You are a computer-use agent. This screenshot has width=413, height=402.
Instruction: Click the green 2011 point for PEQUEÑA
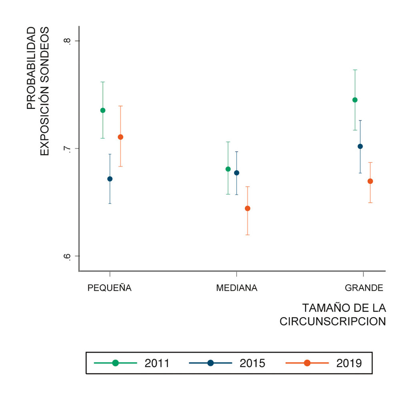(103, 111)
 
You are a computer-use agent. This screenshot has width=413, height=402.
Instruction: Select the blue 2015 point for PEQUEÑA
(110, 179)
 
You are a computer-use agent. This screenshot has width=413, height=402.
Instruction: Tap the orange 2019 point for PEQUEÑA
(120, 137)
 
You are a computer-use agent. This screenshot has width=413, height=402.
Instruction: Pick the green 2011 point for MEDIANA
(228, 169)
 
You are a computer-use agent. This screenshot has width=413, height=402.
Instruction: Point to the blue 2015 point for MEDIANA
(237, 173)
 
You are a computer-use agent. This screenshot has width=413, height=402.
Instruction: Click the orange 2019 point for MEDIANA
(247, 209)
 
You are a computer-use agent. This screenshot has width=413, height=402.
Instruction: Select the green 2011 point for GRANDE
(355, 100)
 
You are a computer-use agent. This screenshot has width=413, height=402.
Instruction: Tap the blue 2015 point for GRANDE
(360, 147)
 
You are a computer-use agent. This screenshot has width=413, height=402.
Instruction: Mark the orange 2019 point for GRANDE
(370, 181)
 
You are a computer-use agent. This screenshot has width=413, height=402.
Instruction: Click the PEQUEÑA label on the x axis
(110, 288)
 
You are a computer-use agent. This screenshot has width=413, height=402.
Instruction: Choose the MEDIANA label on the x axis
(237, 288)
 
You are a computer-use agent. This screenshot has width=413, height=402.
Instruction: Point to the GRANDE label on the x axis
(364, 288)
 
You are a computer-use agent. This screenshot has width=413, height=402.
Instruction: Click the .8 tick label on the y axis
(67, 41)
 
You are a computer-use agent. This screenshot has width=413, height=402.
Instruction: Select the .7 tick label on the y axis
(67, 149)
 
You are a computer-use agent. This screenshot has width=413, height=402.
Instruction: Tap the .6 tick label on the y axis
(67, 256)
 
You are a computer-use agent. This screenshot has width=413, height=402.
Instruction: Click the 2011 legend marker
(116, 363)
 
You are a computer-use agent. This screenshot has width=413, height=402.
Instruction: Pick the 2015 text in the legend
(252, 363)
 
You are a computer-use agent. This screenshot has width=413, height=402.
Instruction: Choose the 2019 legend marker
(307, 363)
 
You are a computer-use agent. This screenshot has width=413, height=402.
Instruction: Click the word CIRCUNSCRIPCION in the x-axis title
(333, 322)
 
